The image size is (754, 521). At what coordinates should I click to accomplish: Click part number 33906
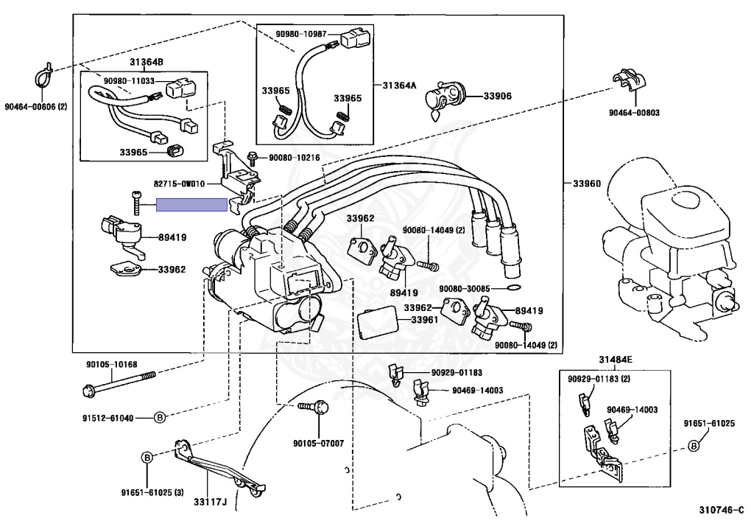pyautogui.click(x=497, y=97)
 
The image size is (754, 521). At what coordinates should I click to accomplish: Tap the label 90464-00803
pyautogui.click(x=634, y=113)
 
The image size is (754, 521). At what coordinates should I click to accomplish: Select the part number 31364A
pyautogui.click(x=399, y=85)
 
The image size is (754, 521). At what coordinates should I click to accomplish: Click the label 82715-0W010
pyautogui.click(x=180, y=183)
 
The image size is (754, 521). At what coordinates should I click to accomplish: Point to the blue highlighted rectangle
pyautogui.click(x=192, y=205)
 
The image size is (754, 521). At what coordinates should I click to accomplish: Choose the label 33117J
pyautogui.click(x=210, y=503)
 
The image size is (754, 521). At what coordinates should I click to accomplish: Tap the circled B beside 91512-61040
pyautogui.click(x=160, y=418)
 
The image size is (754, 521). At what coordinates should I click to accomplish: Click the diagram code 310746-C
pyautogui.click(x=721, y=509)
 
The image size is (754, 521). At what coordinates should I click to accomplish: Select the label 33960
pyautogui.click(x=587, y=183)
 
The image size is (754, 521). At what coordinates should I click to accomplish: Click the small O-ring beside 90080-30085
pyautogui.click(x=513, y=289)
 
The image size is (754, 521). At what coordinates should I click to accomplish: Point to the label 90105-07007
pyautogui.click(x=319, y=444)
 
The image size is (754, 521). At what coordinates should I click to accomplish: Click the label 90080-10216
pyautogui.click(x=295, y=158)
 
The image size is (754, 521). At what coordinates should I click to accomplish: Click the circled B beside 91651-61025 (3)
pyautogui.click(x=147, y=457)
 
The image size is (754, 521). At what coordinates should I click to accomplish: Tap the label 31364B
pyautogui.click(x=147, y=62)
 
